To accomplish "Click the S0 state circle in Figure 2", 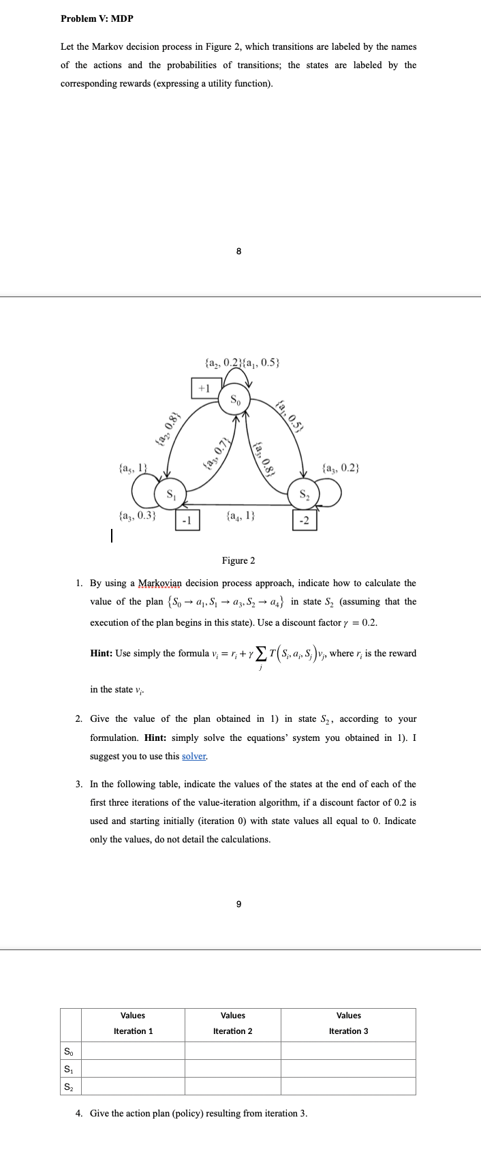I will point(235,399).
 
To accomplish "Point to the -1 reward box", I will point(188,521).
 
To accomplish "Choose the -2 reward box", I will point(304,521).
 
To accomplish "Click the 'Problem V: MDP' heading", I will point(97,18).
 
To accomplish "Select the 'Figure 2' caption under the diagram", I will point(238,560).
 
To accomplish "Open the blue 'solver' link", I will point(194,756).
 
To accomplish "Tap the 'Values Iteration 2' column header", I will point(232,1023).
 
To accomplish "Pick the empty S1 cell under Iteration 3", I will point(348,1068).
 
